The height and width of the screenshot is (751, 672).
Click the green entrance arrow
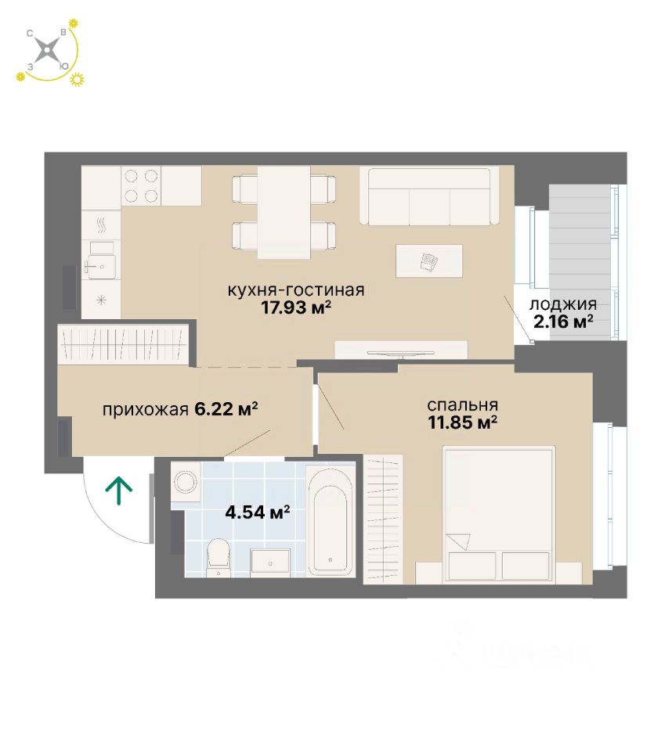click(x=119, y=490)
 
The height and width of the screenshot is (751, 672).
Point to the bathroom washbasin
click(x=270, y=562)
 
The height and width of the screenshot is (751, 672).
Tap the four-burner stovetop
click(x=141, y=185)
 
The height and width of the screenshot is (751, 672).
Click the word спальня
click(x=462, y=405)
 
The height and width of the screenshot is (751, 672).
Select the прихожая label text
click(x=145, y=409)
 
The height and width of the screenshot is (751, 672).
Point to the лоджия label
click(x=563, y=304)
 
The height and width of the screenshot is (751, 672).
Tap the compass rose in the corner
click(x=49, y=52)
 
